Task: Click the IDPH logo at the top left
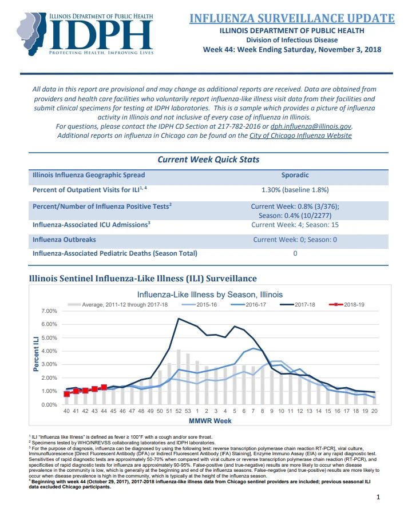coord(85,34)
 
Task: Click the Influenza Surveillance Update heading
coord(292,18)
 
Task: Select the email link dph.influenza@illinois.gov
coord(311,126)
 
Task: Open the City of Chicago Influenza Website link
coord(300,136)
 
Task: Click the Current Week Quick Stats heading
coord(208,160)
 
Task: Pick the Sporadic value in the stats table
coord(295,175)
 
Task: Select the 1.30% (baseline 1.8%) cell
coord(295,190)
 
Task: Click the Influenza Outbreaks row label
coord(64,240)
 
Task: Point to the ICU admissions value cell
coord(295,225)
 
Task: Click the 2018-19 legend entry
coord(347,305)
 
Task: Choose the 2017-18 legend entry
coord(298,305)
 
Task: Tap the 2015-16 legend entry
coord(199,305)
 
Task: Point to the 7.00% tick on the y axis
coord(49,311)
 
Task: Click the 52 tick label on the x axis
coord(179,411)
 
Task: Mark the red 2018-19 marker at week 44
coord(104,387)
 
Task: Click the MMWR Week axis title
coord(210,420)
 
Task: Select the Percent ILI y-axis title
coord(36,353)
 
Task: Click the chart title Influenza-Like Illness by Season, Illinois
coord(210,295)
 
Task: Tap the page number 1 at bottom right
coord(378,497)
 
